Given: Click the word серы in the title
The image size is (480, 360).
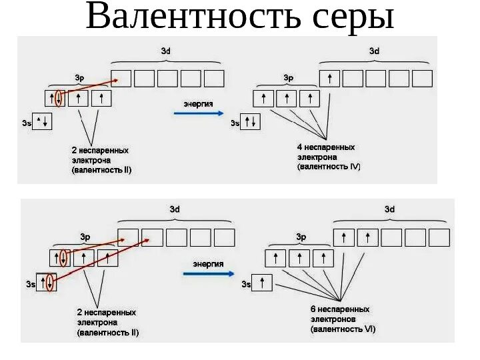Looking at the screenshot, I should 351,18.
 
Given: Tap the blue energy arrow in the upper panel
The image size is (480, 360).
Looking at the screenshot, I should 199,113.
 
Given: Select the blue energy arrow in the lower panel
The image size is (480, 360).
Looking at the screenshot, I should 209,273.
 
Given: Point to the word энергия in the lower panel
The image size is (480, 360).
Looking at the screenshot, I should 208,264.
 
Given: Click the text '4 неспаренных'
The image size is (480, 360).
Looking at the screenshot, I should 326,147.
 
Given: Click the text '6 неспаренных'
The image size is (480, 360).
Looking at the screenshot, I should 340,309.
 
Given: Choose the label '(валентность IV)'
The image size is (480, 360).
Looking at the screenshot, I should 329,167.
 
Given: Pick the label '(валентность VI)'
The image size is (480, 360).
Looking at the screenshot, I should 343,329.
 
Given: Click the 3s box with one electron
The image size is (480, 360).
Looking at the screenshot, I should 263,283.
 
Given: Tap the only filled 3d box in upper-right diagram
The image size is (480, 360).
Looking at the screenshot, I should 329,79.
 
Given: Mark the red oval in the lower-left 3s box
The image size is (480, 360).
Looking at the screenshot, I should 49,283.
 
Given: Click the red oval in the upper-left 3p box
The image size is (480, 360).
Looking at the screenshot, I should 59,99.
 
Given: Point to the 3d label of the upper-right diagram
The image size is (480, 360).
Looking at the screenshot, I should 375,51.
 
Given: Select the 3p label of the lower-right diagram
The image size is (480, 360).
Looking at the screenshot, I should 301,237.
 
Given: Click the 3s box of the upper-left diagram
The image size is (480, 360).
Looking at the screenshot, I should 42,122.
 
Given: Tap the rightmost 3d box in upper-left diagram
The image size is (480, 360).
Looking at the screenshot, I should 214,79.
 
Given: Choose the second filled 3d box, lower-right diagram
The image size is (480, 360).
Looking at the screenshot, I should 367,237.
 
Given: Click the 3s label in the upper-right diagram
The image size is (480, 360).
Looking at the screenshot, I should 235,123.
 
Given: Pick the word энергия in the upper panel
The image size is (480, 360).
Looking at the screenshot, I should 199,104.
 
